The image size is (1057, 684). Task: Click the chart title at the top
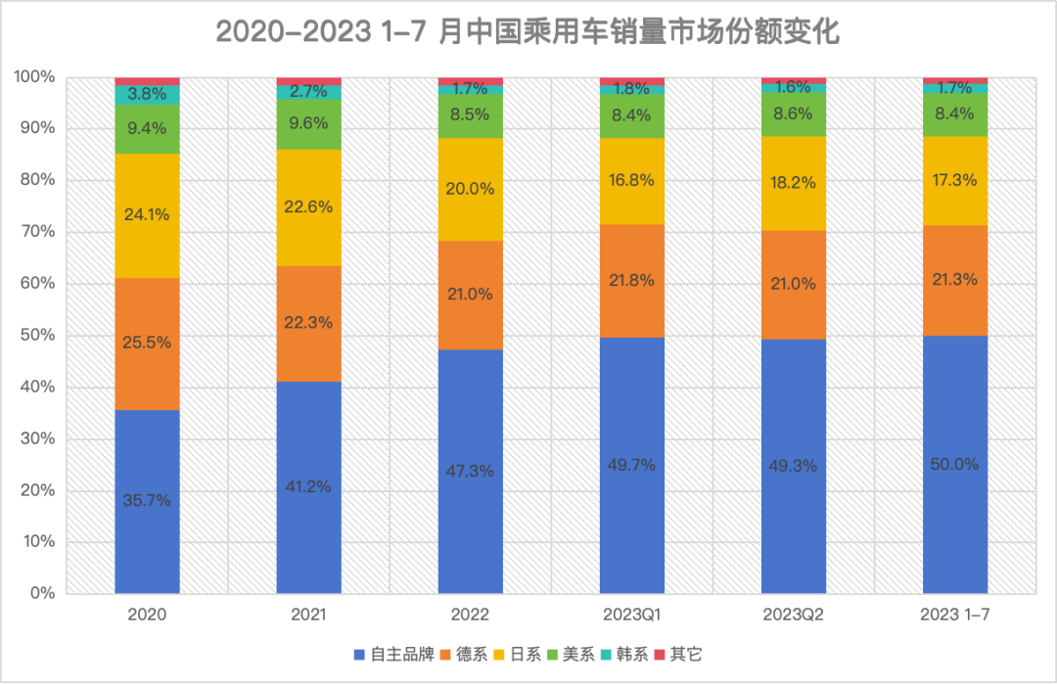[x=528, y=31]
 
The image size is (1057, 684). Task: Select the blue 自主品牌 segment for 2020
[x=147, y=548]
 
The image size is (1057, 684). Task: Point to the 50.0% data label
[x=954, y=464]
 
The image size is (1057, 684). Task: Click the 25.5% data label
[x=147, y=342]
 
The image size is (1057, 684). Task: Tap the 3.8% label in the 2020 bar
[x=147, y=95]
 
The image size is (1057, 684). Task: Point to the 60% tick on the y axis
[x=36, y=284]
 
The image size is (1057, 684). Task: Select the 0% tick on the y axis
[x=40, y=593]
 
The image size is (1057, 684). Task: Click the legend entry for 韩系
[x=622, y=655]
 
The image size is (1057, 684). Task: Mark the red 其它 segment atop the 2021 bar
[x=308, y=81]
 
